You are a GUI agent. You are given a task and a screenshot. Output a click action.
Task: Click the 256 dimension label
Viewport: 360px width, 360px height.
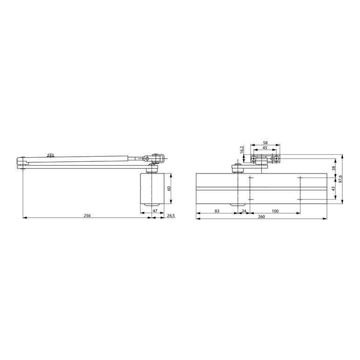coord(87,215)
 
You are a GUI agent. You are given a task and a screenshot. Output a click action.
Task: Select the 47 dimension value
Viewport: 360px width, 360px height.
coord(155,211)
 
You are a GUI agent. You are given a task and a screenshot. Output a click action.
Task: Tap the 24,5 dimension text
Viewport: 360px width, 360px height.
coord(171,215)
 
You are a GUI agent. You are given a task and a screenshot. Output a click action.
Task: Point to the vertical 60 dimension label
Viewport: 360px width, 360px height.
coord(169,188)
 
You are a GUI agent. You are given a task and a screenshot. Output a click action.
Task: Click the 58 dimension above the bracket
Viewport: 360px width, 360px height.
coord(265,143)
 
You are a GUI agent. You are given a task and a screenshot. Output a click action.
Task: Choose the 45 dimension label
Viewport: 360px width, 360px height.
coord(265,148)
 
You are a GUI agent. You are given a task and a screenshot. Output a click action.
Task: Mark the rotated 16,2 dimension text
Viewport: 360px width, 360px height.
coord(242,150)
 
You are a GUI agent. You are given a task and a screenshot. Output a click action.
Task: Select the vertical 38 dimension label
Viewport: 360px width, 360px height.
coord(334,168)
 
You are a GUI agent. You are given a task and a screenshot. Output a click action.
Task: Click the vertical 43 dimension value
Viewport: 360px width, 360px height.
coord(333,188)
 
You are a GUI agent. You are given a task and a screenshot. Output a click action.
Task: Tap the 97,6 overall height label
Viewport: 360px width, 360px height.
coord(340,179)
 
